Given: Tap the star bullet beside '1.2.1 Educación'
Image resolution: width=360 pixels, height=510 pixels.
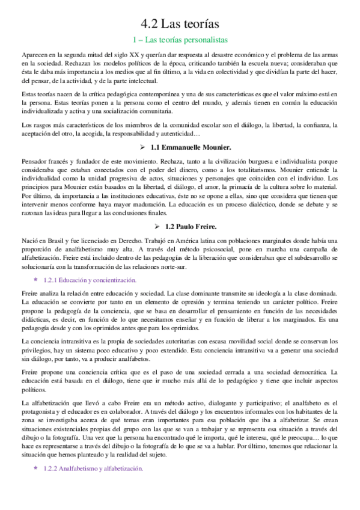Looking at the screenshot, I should pyautogui.click(x=35, y=280).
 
